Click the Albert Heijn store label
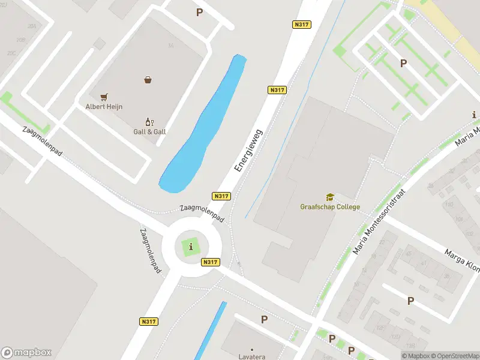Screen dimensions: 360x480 [x=104, y=107]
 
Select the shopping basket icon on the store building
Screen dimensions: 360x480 [x=148, y=79]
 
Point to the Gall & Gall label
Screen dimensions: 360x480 [x=149, y=131]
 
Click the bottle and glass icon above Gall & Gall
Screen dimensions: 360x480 [x=149, y=121]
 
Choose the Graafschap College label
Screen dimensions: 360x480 [x=330, y=207]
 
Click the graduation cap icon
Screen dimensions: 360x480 [x=330, y=197]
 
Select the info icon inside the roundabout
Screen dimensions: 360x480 [x=191, y=247]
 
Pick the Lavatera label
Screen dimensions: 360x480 [x=252, y=355]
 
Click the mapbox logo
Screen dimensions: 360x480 [x=26, y=353]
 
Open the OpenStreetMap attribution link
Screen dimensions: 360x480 [x=454, y=356]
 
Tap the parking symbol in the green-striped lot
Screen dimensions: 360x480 [x=404, y=63]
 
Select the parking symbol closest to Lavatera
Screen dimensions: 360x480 [x=264, y=320]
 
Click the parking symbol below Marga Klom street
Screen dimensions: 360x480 [x=411, y=301]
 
